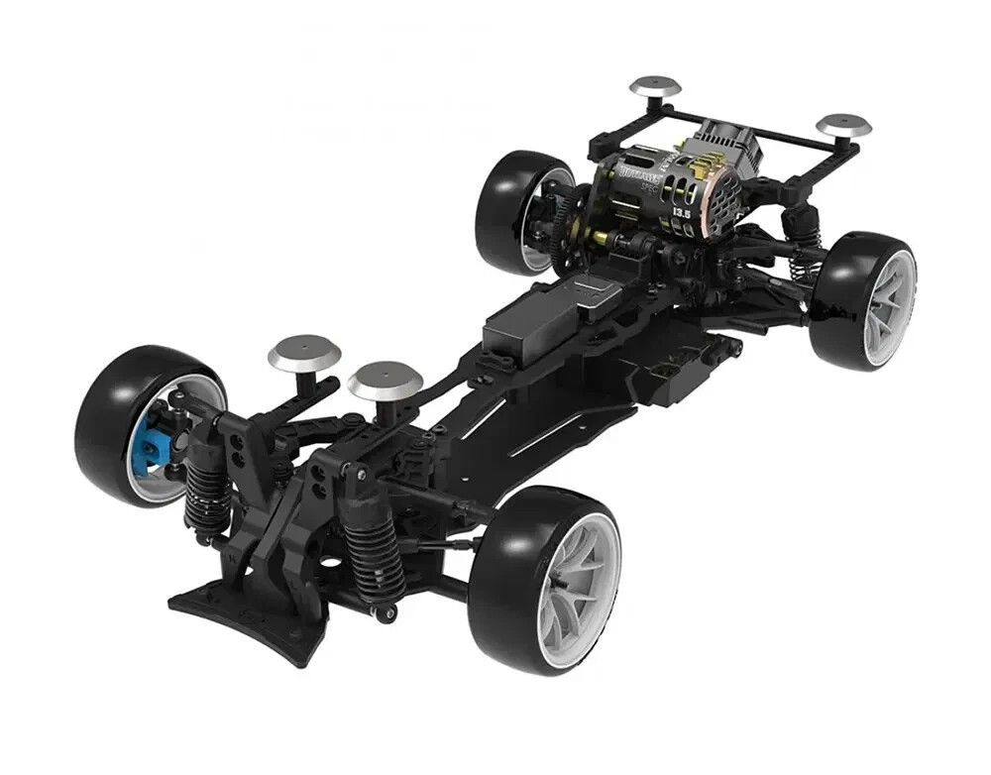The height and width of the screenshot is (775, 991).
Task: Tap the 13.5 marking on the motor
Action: click(682, 212)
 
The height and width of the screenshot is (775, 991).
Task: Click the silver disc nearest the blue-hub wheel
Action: click(300, 351)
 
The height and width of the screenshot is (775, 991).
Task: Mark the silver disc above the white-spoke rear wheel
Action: click(843, 126)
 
